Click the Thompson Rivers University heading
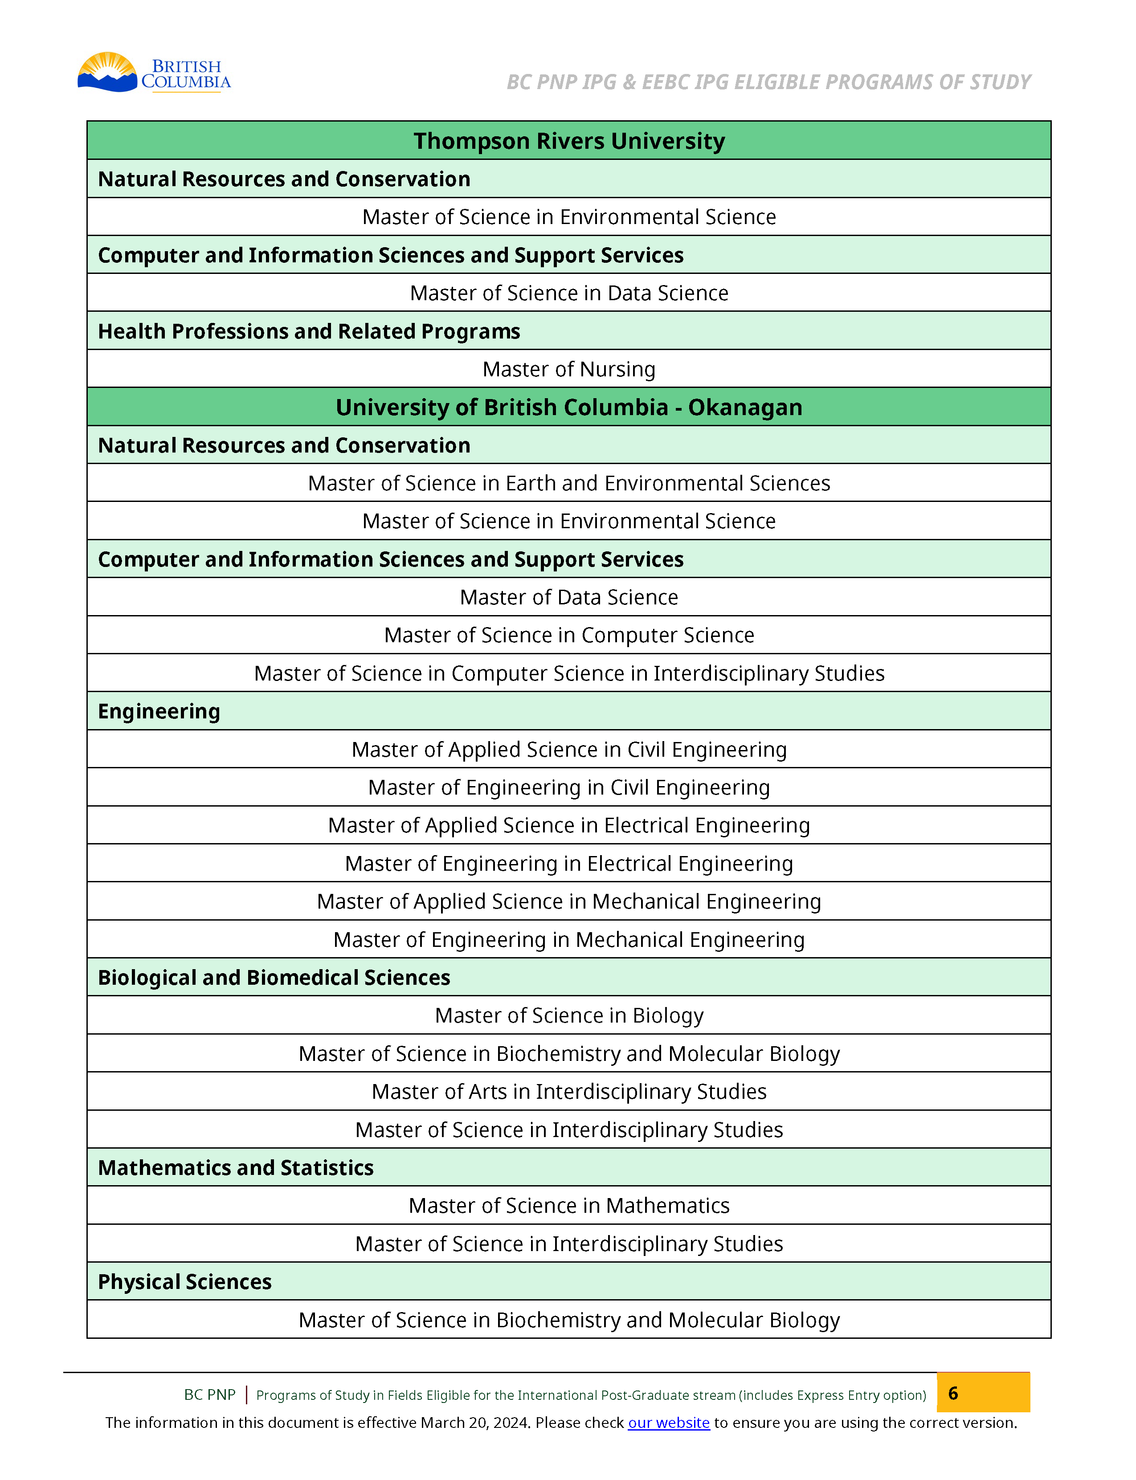click(x=569, y=141)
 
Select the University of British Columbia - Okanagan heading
click(x=569, y=407)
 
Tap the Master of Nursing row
click(x=569, y=369)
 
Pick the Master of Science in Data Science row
click(x=569, y=293)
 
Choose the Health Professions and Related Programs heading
click(x=309, y=331)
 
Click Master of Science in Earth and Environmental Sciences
click(x=569, y=483)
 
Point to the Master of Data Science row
click(x=569, y=597)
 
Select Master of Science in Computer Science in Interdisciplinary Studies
click(x=569, y=673)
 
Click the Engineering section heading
click(x=159, y=711)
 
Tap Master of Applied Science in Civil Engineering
click(x=569, y=749)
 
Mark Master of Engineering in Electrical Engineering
click(x=569, y=864)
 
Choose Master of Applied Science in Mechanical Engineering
click(x=569, y=901)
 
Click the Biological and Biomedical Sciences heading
click(x=274, y=978)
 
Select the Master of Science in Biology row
click(x=569, y=1015)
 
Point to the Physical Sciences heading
click(x=184, y=1282)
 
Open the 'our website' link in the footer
click(x=668, y=1423)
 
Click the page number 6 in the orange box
click(x=953, y=1393)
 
